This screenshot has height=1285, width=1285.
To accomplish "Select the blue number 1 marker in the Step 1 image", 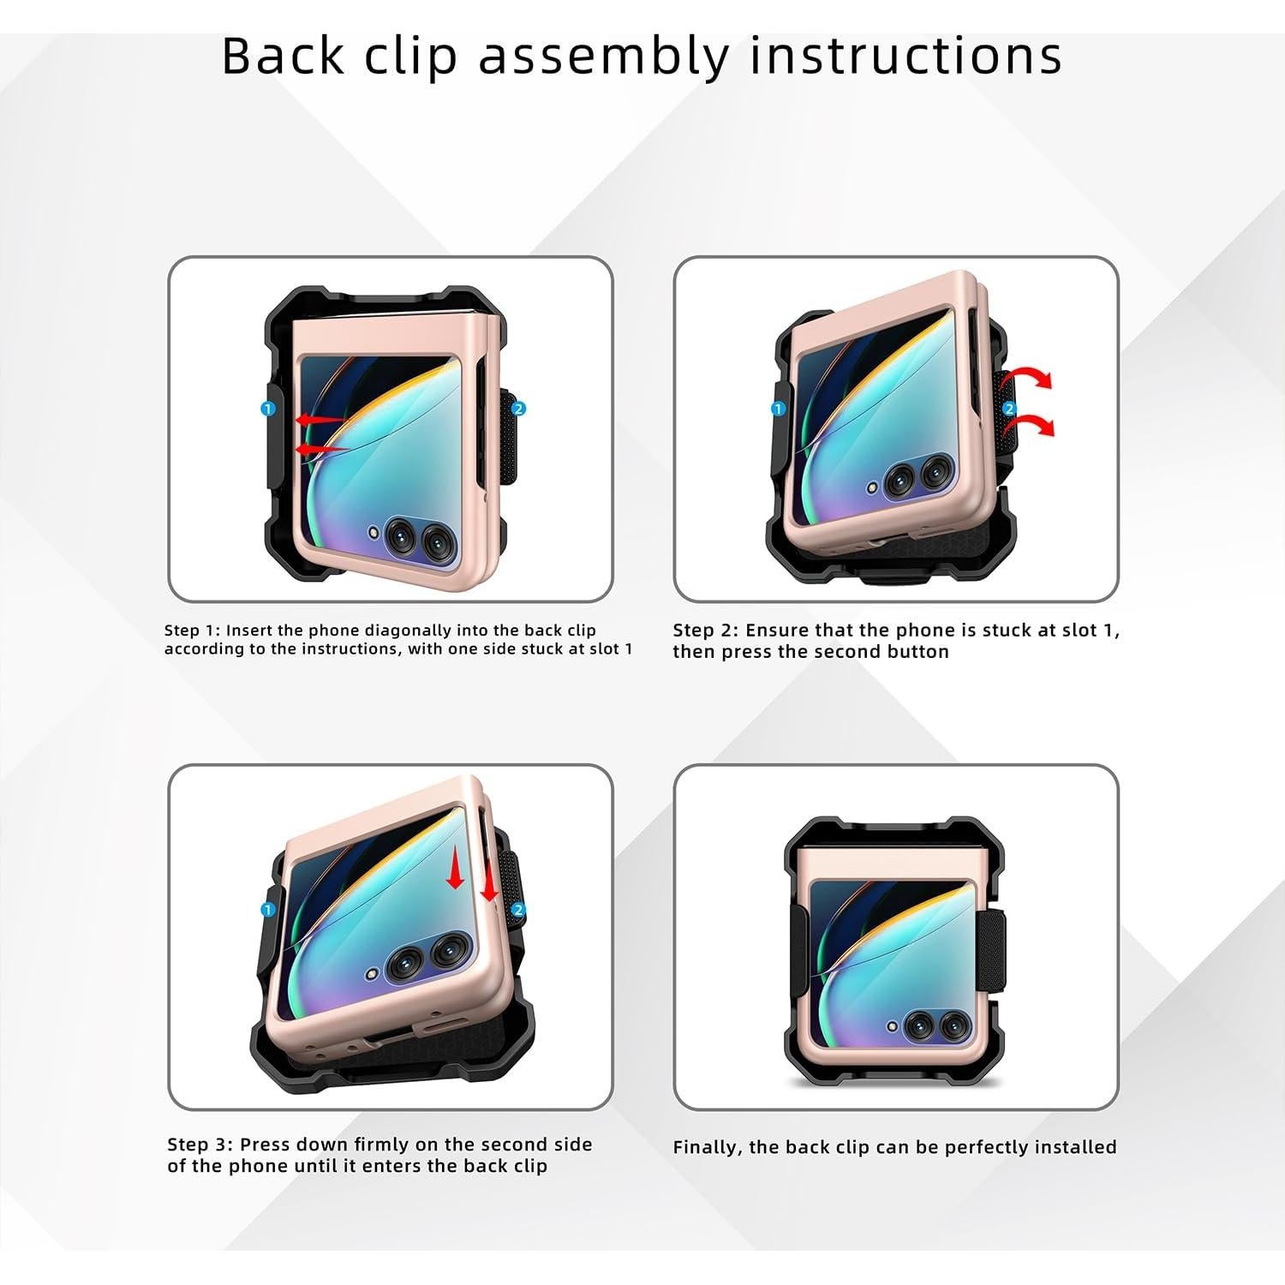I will tap(267, 409).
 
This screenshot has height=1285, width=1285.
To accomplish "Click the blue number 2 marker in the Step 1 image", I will tap(519, 409).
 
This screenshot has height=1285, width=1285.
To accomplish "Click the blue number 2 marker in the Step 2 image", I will tap(1009, 409).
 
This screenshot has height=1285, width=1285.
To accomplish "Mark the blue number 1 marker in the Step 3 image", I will tap(267, 910).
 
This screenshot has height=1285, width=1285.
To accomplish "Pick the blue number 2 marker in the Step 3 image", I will tap(518, 910).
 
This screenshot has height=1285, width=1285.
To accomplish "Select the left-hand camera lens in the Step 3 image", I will tap(403, 964).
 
